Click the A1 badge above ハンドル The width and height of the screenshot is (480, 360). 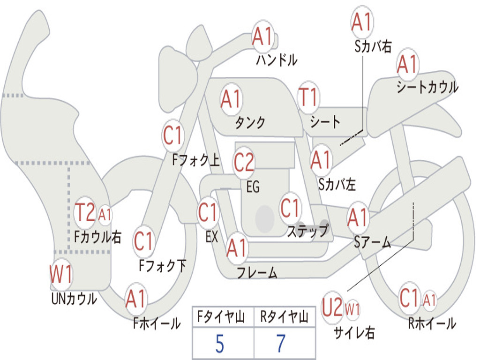pos(262,37)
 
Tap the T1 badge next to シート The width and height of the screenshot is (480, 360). pos(308,98)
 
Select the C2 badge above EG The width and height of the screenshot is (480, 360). pos(244,162)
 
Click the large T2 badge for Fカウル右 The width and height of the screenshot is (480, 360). pos(85,213)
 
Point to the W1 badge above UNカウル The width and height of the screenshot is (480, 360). pos(61,274)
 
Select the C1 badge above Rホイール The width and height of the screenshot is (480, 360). pos(409,298)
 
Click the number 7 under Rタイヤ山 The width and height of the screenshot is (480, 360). pos(281,344)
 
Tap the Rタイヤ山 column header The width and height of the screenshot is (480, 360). pos(284,318)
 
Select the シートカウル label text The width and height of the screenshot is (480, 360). pos(427,87)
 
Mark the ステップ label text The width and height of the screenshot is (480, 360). pos(307,231)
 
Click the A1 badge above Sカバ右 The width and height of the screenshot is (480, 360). pos(361,22)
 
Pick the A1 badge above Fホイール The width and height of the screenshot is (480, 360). pos(136,300)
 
